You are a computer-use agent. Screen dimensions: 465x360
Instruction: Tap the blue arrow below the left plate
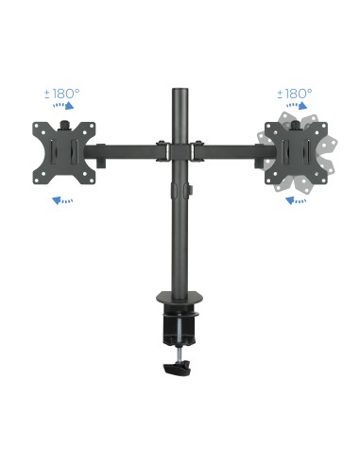point(63,200)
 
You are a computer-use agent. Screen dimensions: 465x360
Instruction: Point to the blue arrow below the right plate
point(298,200)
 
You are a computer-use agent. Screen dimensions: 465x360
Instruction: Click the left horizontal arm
point(128,148)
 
